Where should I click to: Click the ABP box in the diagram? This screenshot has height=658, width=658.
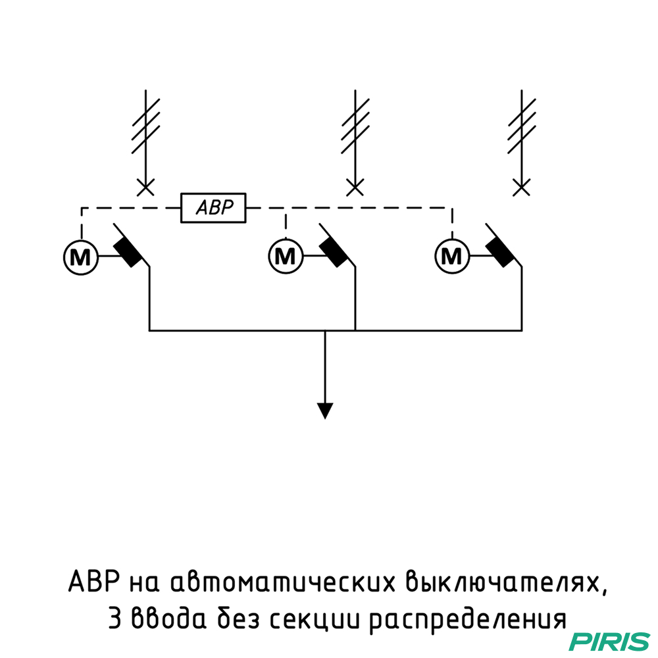[x=214, y=208]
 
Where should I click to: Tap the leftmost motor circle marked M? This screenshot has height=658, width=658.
[x=80, y=255]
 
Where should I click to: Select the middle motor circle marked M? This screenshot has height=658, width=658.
[x=285, y=255]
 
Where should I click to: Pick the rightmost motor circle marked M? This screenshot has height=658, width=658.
[x=452, y=255]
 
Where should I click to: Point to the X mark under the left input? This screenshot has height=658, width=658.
[x=145, y=188]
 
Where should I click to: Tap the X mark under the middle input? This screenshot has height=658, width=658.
[x=355, y=188]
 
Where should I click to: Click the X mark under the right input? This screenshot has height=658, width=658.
[x=522, y=188]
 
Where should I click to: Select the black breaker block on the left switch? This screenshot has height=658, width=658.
[x=128, y=251]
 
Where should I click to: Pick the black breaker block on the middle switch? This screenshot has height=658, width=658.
[x=334, y=251]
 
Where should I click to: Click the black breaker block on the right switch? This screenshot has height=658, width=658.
[x=501, y=251]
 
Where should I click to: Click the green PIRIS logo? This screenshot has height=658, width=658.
[x=609, y=640]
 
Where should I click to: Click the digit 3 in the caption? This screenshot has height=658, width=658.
[x=114, y=619]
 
